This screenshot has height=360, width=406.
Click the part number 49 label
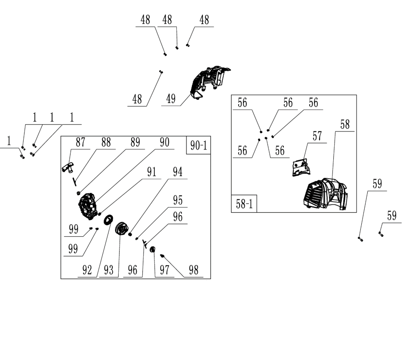pyautogui.click(x=171, y=99)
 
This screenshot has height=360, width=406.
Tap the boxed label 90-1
pyautogui.click(x=198, y=146)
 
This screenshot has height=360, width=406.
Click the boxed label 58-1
pyautogui.click(x=244, y=204)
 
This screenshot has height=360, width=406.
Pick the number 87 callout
pyautogui.click(x=80, y=143)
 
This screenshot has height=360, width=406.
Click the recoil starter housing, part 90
pyautogui.click(x=89, y=207)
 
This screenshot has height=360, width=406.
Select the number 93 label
pyautogui.click(x=108, y=270)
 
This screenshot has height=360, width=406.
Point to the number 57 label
pyautogui.click(x=317, y=137)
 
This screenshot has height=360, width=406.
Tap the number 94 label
pyautogui.click(x=178, y=172)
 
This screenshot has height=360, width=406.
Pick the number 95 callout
pyautogui.click(x=178, y=200)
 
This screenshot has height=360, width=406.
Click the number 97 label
pyautogui.click(x=164, y=270)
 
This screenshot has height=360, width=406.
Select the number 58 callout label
pyautogui.click(x=345, y=125)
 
